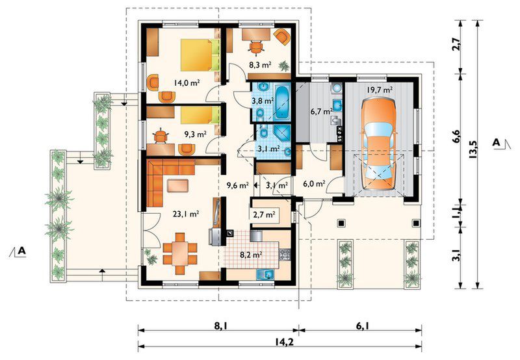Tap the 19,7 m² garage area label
380,90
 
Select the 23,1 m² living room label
186,214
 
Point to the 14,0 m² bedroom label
187,83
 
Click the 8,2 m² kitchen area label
251,255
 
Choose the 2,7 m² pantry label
264,215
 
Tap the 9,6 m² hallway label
237,185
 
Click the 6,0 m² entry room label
314,184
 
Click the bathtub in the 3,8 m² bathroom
282,102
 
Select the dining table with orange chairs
180,253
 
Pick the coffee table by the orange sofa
177,186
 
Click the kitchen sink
265,274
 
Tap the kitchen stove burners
285,254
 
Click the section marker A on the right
497,143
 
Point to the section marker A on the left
21,251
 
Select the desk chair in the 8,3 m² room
256,47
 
